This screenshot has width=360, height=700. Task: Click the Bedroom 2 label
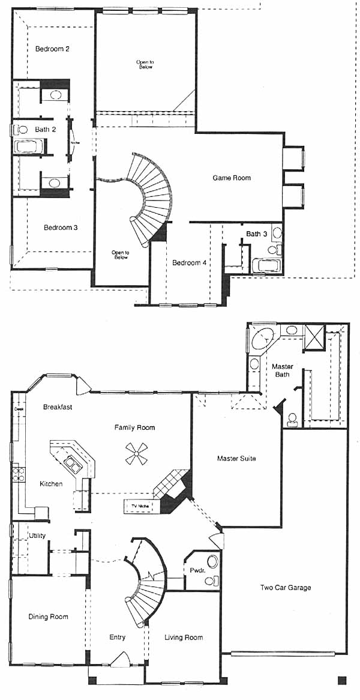[52, 49]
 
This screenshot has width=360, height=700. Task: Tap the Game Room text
[232, 178]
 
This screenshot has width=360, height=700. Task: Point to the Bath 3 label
[257, 234]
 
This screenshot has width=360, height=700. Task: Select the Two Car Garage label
[286, 588]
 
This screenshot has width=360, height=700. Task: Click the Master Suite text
[236, 459]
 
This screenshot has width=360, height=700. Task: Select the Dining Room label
[48, 617]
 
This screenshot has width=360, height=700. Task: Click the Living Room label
[184, 638]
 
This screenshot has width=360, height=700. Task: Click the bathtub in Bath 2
[27, 146]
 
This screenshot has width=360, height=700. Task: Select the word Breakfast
[58, 407]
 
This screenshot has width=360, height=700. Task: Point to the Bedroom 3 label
[52, 228]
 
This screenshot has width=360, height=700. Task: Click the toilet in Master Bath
[292, 418]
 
